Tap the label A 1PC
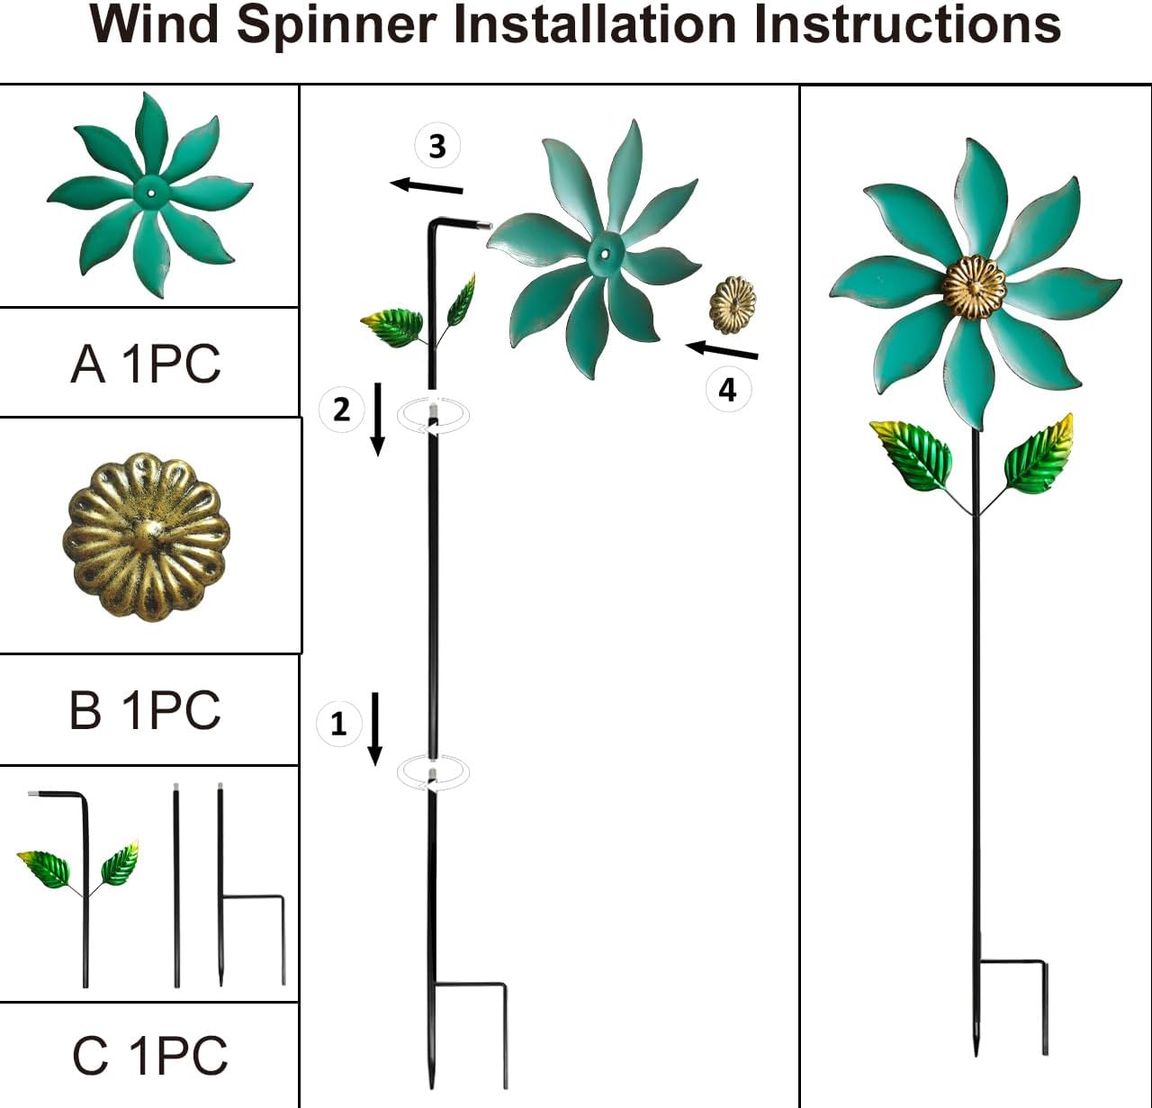pos(146,364)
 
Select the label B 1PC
pos(145,710)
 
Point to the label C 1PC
pos(150,1055)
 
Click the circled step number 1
pos(338,724)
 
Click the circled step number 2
pos(341,410)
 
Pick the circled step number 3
pos(437,146)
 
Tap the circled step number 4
pos(727,390)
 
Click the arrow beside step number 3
pos(427,186)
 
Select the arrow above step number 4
pos(722,350)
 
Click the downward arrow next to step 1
pos(375,729)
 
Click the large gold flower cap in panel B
pos(147,536)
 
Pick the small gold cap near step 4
pos(733,304)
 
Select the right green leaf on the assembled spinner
pos(1040,455)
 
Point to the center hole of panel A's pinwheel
pos(150,192)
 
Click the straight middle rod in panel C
pos(176,887)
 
